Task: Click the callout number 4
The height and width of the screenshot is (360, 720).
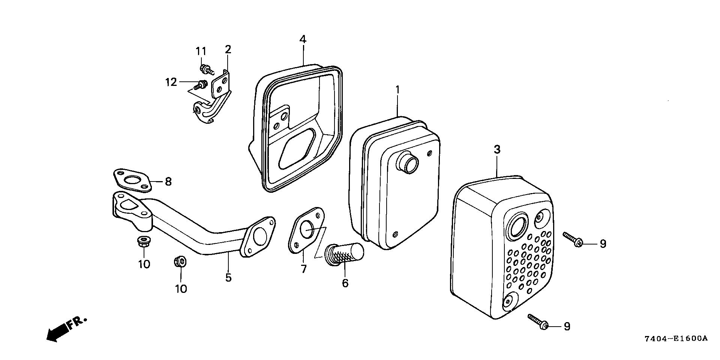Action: click(x=303, y=39)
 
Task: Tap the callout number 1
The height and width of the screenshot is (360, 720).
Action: click(x=397, y=90)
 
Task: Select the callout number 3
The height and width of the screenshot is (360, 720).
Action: click(x=497, y=150)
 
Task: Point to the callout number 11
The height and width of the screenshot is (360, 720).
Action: click(x=201, y=51)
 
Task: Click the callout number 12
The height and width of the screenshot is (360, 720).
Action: click(x=171, y=82)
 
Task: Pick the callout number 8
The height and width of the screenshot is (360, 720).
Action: click(x=168, y=182)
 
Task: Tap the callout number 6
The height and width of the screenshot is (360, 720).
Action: click(x=345, y=283)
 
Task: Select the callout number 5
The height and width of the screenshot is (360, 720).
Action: click(x=228, y=278)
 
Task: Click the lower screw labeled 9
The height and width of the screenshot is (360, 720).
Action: click(x=538, y=322)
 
